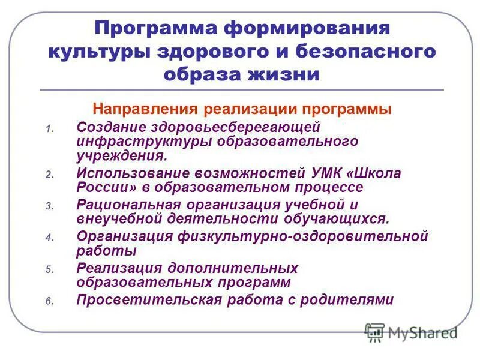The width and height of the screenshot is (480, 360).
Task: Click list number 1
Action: coord(49,128)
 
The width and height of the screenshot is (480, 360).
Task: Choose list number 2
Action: coord(49,175)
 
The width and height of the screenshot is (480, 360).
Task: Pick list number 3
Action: coord(49,206)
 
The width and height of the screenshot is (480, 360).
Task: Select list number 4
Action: coord(49,238)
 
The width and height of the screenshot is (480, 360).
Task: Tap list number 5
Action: coord(49,269)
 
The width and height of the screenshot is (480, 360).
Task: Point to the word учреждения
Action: coord(121,155)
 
